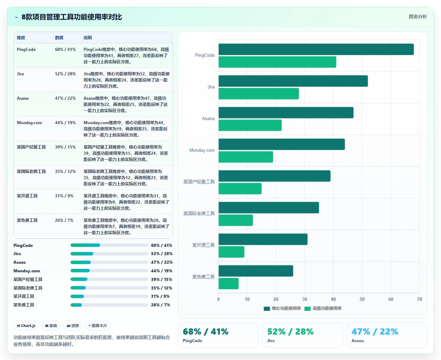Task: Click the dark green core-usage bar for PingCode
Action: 316,49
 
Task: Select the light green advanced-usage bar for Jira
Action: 259,94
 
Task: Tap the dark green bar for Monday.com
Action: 282,144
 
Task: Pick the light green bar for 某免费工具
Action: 228,283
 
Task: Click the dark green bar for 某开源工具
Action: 263,239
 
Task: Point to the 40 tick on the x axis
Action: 333,299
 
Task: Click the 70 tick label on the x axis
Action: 419,299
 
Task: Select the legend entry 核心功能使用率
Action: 282,308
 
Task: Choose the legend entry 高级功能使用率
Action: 323,308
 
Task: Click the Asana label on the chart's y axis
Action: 208,119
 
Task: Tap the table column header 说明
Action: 88,37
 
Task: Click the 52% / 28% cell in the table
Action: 65,74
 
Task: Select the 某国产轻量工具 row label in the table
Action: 31,147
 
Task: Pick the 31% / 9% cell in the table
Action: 64,196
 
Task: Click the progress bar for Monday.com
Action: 109,271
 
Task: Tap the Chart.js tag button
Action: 26,326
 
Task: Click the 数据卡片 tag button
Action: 97,326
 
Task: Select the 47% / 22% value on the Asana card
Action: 375,331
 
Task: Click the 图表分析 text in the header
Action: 418,17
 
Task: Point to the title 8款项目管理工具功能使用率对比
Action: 72,17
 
